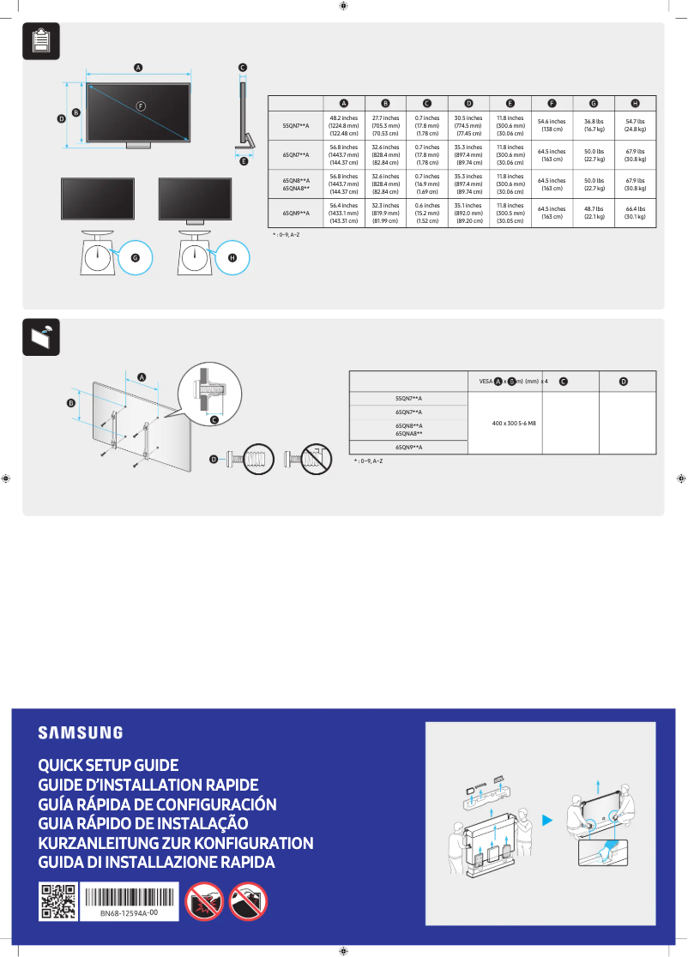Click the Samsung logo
[80, 732]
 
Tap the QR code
[58, 902]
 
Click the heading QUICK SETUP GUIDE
[108, 765]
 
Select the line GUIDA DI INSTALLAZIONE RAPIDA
[156, 862]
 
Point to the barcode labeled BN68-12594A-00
[130, 901]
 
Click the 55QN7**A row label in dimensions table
[296, 125]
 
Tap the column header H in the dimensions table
[634, 103]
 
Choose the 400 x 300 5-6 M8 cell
[504, 424]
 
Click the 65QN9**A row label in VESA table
[408, 447]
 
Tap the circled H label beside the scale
[232, 257]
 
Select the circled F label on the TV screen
[142, 105]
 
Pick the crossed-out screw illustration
[310, 460]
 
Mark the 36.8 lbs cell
[594, 125]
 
